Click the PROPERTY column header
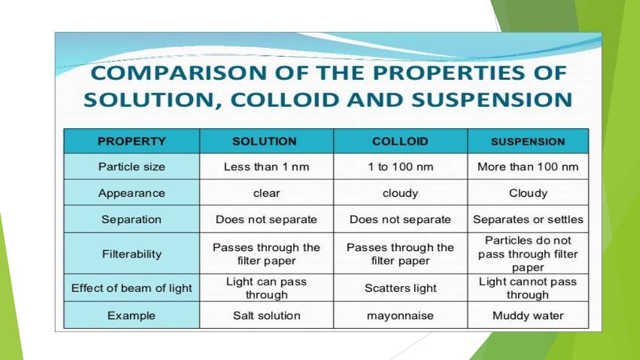pos(132,141)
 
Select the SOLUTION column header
pos(264,141)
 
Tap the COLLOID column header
pos(400,141)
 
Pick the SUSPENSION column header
pos(528,141)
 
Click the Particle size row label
pos(132,167)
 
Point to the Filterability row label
pos(132,254)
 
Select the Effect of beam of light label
pos(132,288)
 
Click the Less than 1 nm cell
pos(266,167)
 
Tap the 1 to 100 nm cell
pos(400,167)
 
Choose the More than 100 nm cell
pos(528,167)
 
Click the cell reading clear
pos(266,193)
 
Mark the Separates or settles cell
pos(528,219)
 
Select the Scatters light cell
pos(400,288)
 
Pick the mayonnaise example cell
pos(400,316)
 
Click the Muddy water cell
pos(528,316)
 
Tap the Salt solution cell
pos(266,316)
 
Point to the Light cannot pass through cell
pos(528,288)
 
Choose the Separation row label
pos(132,219)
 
